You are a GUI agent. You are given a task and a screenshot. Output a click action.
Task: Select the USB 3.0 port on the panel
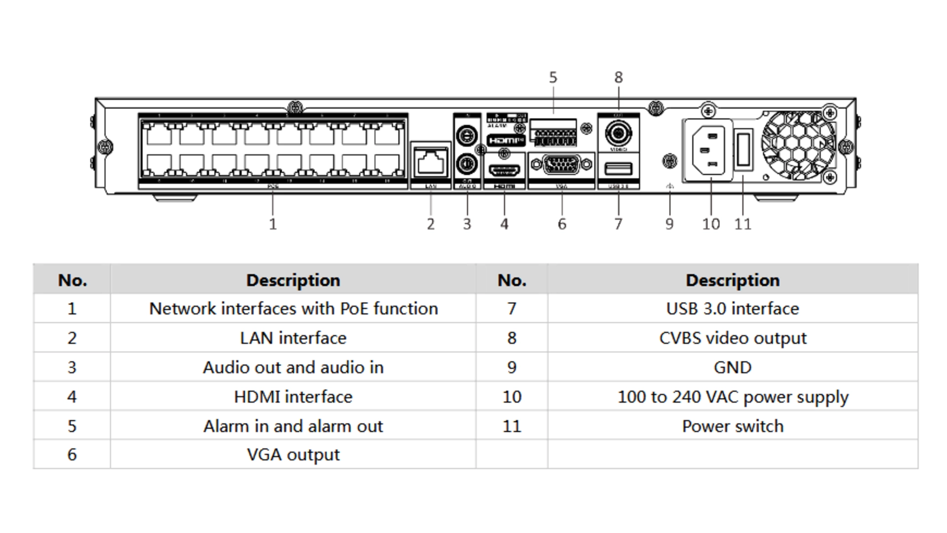click(618, 169)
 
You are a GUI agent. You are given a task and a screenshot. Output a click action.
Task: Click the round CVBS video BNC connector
click(618, 133)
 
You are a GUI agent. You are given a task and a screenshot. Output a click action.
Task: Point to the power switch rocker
click(743, 150)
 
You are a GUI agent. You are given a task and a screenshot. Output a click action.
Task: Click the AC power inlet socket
click(709, 150)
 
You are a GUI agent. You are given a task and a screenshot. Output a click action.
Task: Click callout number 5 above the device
click(553, 77)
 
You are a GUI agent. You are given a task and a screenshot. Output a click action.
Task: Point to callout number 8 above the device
click(619, 77)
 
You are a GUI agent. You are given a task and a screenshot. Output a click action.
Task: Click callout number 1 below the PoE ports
click(273, 224)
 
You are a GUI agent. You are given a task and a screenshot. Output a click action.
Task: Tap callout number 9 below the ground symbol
click(669, 224)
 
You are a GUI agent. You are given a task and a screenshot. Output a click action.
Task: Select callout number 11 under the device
click(743, 224)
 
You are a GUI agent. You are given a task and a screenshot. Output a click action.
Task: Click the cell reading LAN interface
click(293, 338)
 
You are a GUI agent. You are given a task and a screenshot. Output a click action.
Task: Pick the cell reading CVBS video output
click(732, 338)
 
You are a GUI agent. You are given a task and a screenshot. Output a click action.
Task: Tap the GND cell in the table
click(732, 367)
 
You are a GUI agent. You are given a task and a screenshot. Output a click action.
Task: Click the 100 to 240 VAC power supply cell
click(732, 397)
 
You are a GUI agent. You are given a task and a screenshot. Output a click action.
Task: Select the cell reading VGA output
click(293, 455)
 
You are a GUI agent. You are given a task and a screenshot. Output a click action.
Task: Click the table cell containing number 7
click(511, 309)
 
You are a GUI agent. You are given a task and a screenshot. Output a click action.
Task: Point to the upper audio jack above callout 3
click(467, 134)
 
